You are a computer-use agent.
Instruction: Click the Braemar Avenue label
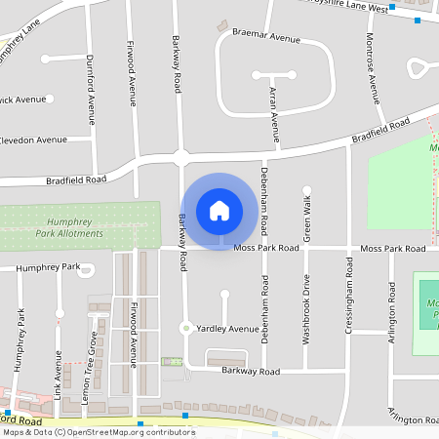(266, 36)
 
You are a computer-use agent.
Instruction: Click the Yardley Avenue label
(228, 329)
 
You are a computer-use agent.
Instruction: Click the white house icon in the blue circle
(219, 210)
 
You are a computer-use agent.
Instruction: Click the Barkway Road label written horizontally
(250, 371)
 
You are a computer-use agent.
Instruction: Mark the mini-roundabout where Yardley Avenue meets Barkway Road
(184, 329)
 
